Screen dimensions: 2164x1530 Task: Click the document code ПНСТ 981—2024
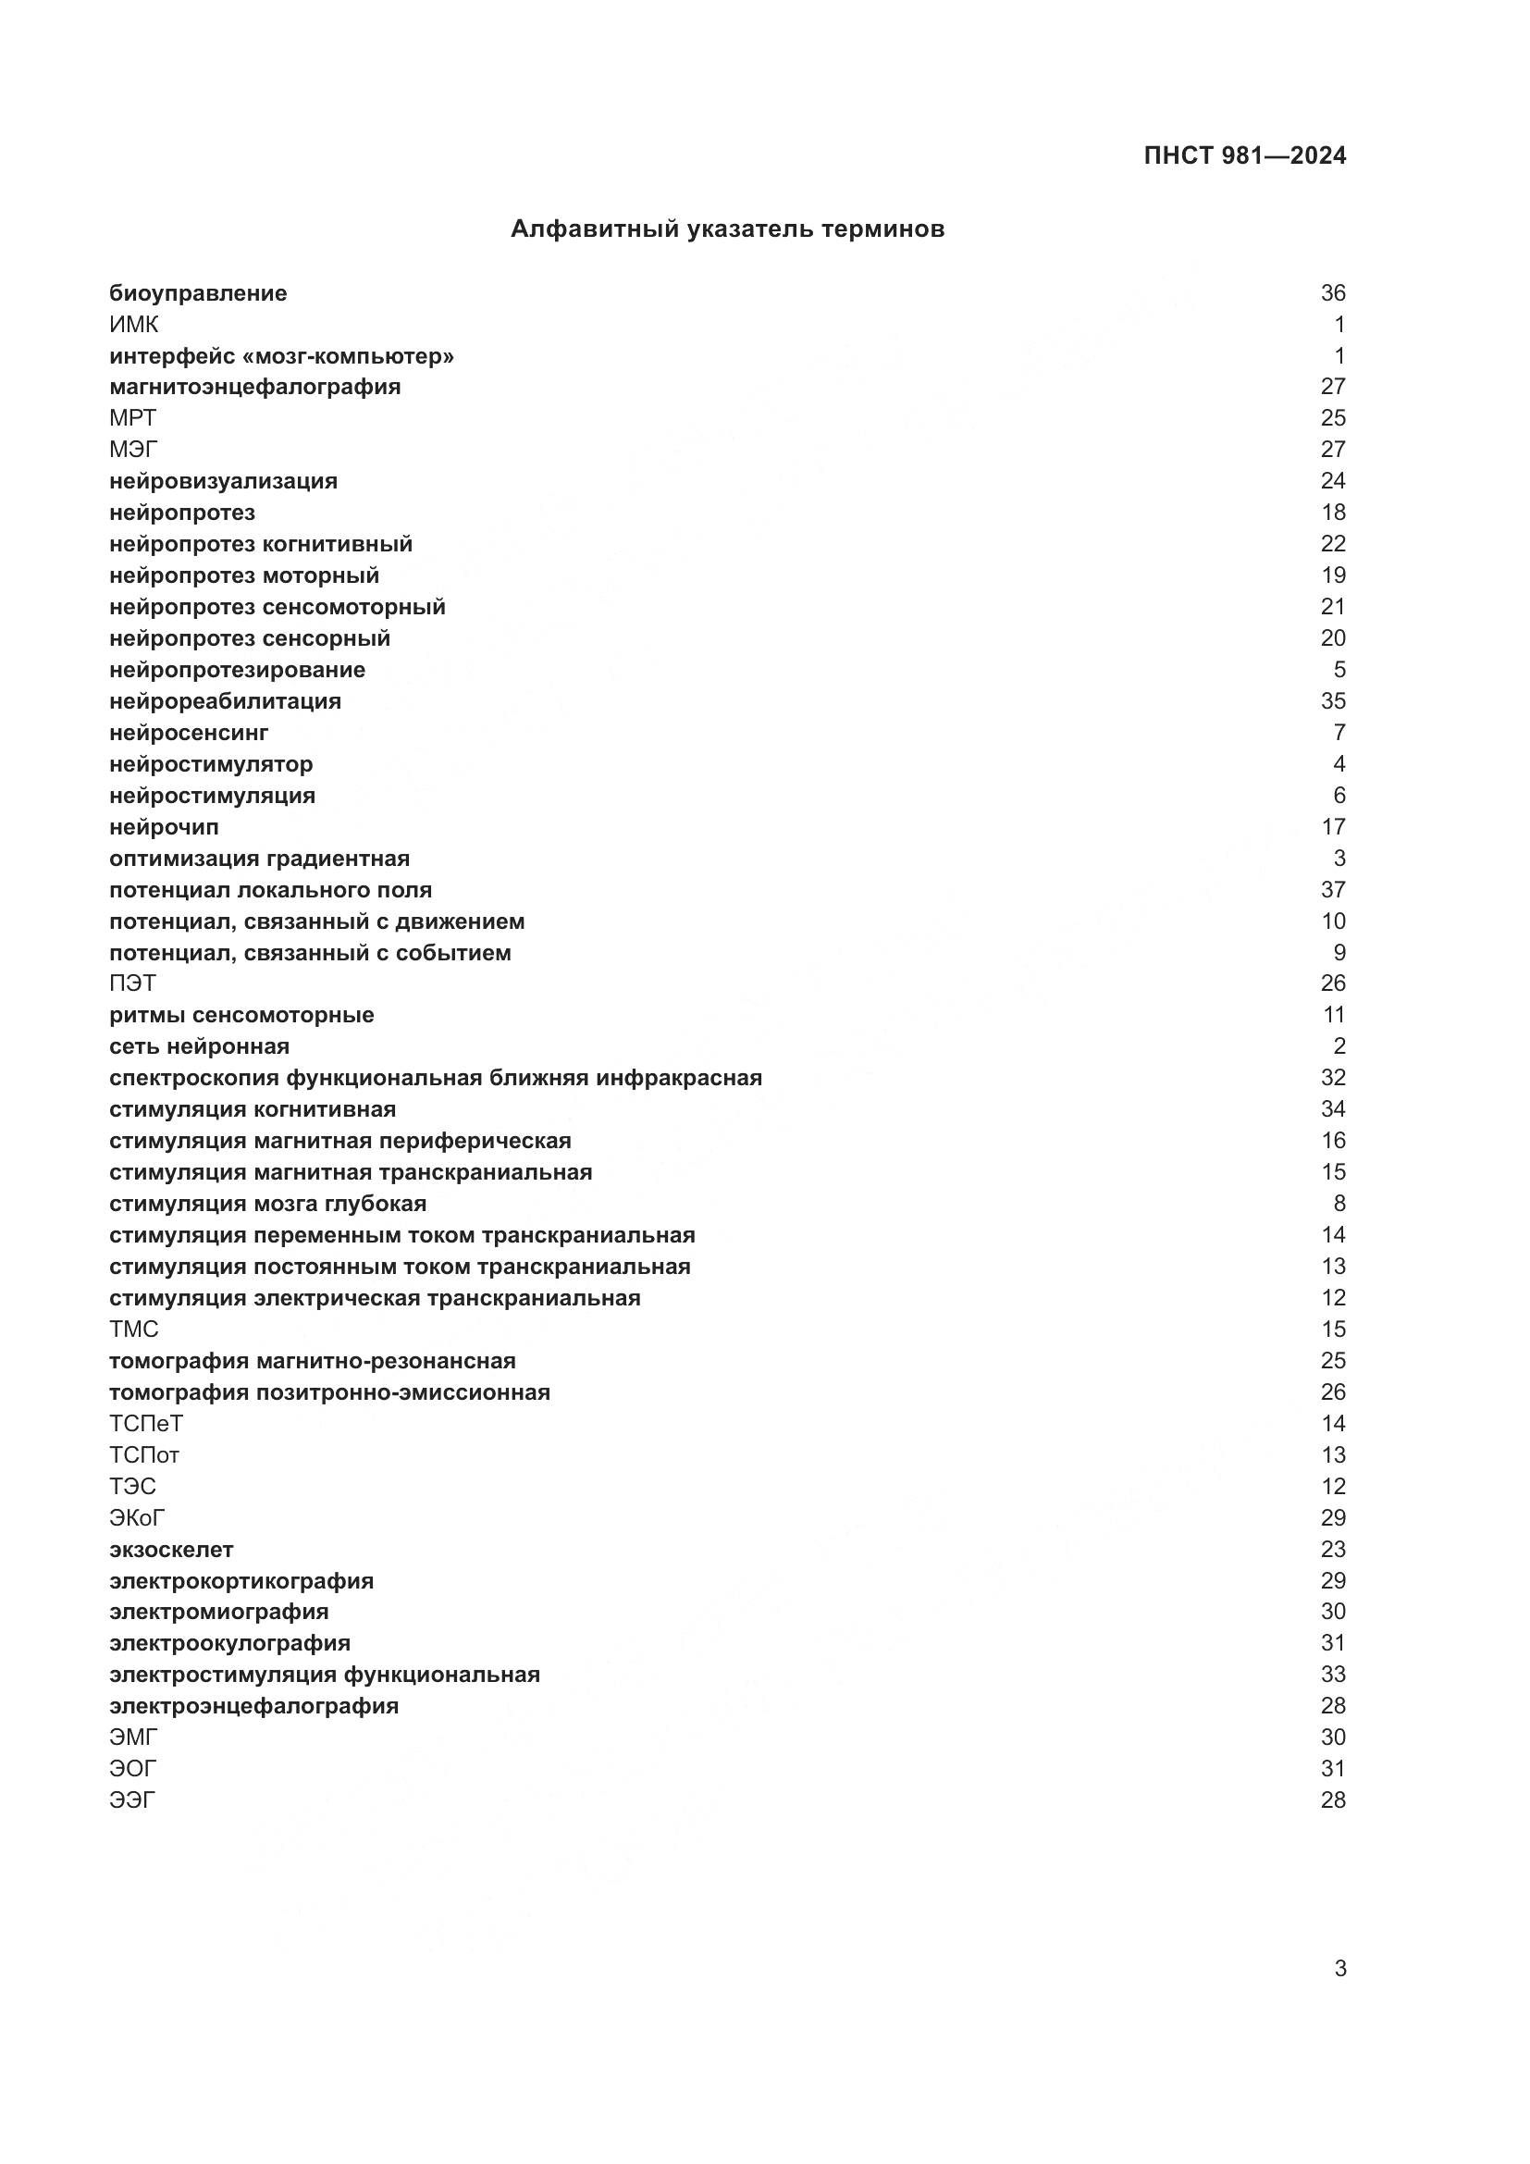[1244, 155]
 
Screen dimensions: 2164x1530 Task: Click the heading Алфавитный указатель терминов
[727, 229]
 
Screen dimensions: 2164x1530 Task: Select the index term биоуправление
[198, 293]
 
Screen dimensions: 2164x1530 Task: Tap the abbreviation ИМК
[134, 324]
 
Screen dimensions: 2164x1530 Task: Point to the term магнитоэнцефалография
[254, 387]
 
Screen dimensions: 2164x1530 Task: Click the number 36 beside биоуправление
[1332, 293]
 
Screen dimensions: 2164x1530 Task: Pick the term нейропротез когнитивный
[261, 544]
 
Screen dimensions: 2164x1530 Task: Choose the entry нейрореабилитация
[225, 701]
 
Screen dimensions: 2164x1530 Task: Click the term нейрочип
[164, 826]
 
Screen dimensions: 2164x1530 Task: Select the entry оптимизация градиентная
[259, 859]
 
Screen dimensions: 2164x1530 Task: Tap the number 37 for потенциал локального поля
[1332, 890]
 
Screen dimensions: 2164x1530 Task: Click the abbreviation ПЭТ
[133, 983]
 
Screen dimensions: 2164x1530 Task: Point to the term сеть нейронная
[199, 1046]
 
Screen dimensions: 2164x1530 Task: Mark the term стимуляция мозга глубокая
[267, 1204]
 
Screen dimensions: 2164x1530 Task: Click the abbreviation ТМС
[134, 1329]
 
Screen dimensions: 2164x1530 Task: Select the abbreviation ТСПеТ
[146, 1423]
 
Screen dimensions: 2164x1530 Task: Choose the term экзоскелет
[171, 1550]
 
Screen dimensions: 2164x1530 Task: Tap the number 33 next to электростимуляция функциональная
[1332, 1675]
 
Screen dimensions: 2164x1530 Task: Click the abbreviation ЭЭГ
[132, 1800]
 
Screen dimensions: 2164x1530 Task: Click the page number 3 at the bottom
[1339, 1968]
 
